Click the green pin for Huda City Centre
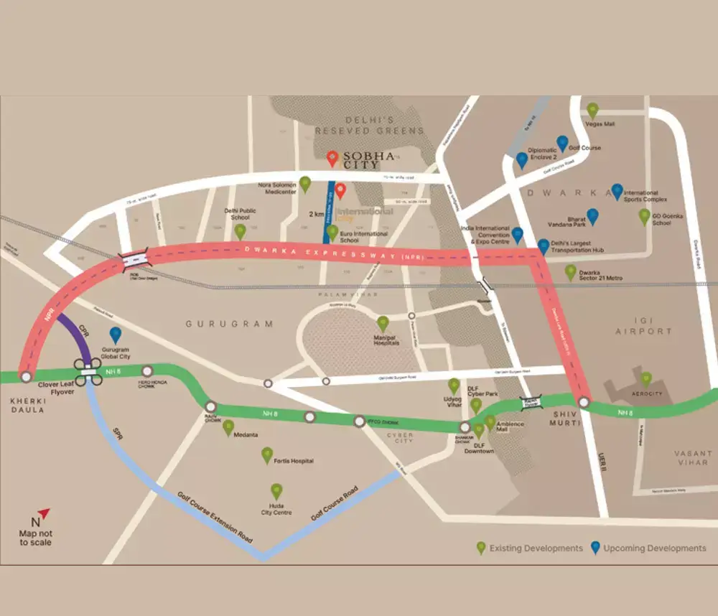(x=276, y=492)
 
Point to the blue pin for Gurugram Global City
(x=115, y=335)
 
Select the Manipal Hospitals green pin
(x=383, y=324)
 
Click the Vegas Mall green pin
(x=592, y=111)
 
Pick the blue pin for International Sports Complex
(x=617, y=191)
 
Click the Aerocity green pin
(x=646, y=379)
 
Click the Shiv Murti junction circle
(x=584, y=402)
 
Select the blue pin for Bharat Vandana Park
(x=592, y=216)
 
